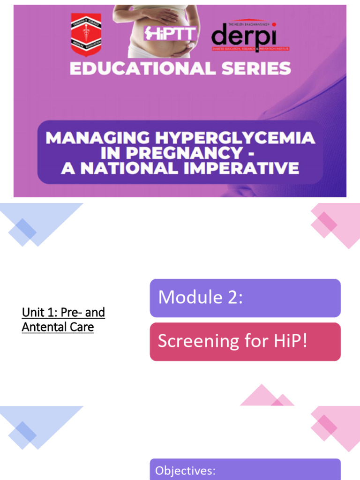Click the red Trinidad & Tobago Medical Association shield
coord(86,34)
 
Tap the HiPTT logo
coord(170,33)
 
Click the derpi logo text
coord(244,37)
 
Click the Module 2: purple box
coord(245,298)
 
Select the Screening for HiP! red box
coord(245,342)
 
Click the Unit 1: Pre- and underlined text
coord(63,312)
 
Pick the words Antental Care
coord(58,327)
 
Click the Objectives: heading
coord(185,471)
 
